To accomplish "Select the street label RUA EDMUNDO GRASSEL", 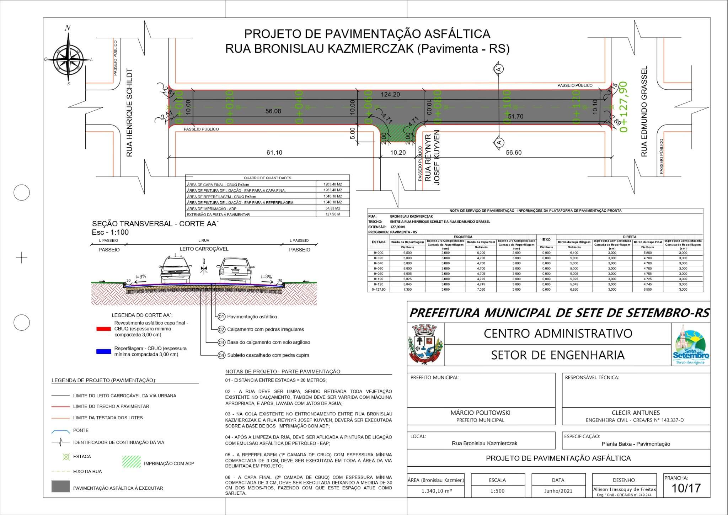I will [x=644, y=111].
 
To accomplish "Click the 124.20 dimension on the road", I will [x=390, y=95].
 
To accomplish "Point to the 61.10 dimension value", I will [x=274, y=153].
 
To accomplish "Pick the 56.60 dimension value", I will [x=514, y=153].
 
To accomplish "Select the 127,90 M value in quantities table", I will [x=333, y=214].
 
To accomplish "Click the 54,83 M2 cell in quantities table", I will [x=333, y=208].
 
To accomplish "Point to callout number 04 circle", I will [x=221, y=355].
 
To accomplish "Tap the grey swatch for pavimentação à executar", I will [x=60, y=487].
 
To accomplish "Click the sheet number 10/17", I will [x=686, y=488].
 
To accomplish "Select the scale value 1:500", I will [x=497, y=491].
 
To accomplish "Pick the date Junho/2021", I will [x=558, y=491].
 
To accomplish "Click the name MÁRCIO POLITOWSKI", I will [x=480, y=413].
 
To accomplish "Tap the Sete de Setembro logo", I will [x=691, y=345].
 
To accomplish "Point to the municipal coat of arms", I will [x=425, y=344].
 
